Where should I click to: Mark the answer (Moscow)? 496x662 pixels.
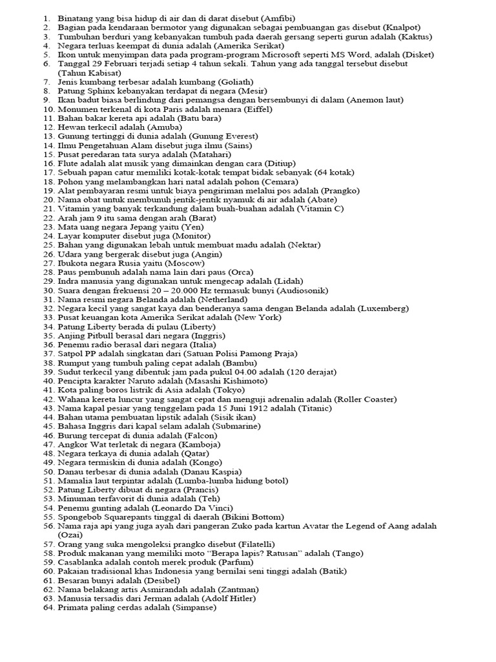[x=185, y=263]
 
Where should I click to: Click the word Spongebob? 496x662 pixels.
[x=79, y=517]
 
